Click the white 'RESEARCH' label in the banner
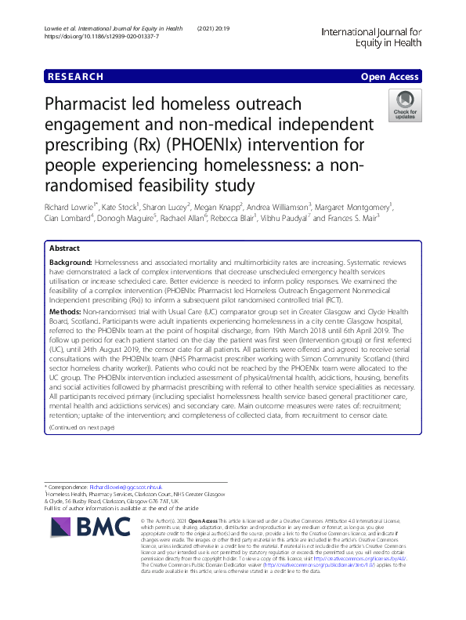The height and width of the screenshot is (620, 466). [75, 77]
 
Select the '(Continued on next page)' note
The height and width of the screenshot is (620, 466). [81, 427]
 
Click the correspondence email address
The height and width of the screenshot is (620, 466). [118, 487]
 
